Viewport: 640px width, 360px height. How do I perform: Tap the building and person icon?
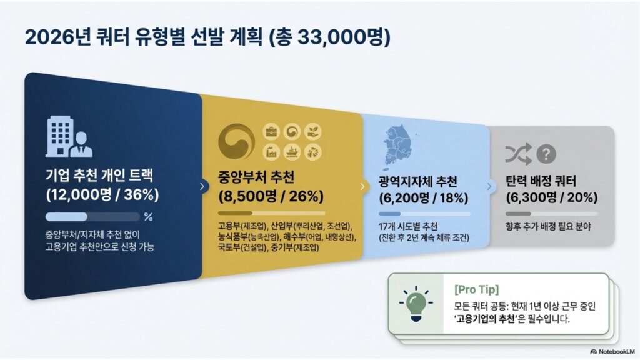click(69, 136)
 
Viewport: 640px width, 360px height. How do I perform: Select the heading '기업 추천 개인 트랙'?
click(99, 176)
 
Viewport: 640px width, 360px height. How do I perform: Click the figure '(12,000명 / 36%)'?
click(102, 195)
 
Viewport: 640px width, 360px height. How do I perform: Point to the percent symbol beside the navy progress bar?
click(149, 217)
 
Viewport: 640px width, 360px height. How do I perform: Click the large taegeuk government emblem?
click(236, 141)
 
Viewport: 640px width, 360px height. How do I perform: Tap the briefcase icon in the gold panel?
click(271, 132)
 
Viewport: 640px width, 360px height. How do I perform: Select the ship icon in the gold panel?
click(292, 152)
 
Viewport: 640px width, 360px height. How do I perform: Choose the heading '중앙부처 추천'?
click(256, 177)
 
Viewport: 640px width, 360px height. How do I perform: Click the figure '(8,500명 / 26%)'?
click(271, 196)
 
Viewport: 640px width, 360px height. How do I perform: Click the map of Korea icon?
click(398, 147)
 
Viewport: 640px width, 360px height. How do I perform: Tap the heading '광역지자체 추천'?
click(418, 181)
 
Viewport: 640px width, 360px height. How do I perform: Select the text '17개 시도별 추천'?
click(408, 226)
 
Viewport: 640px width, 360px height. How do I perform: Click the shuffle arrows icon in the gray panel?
click(518, 154)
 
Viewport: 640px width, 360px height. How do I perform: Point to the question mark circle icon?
click(546, 154)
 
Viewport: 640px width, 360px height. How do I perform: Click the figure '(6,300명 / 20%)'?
click(551, 197)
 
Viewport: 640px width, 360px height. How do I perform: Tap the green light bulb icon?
click(416, 304)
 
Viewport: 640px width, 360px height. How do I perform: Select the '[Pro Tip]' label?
click(476, 289)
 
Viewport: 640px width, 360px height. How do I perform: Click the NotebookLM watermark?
click(612, 351)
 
